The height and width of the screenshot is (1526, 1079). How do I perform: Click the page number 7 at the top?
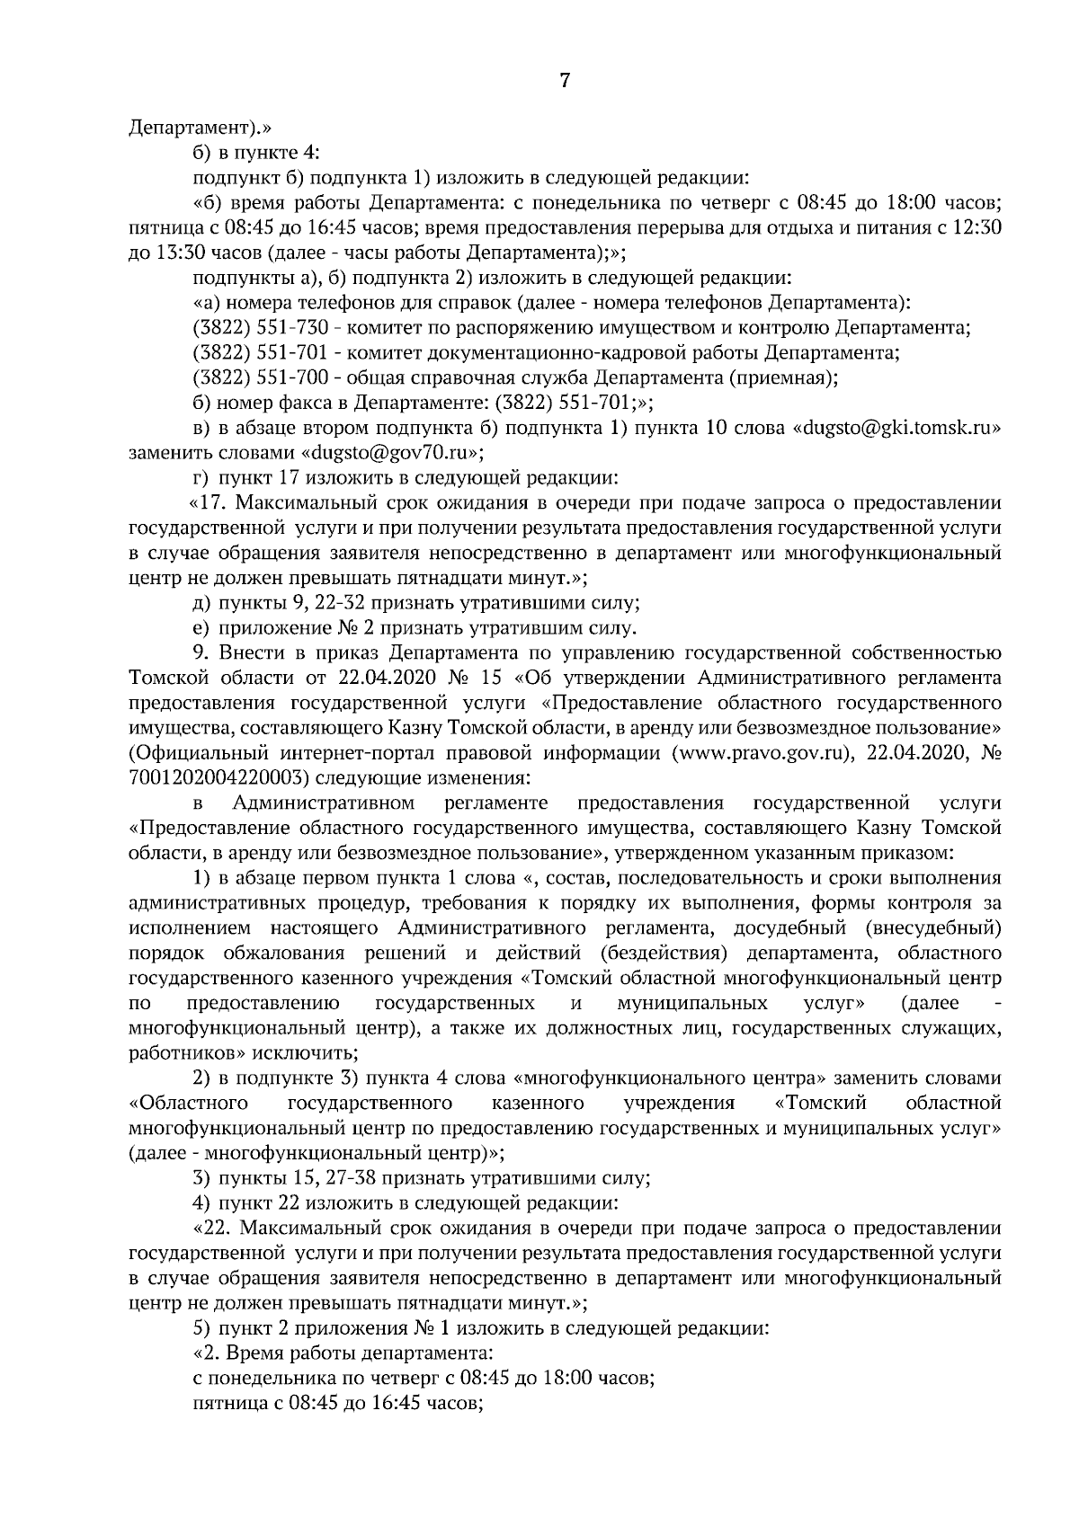point(564,81)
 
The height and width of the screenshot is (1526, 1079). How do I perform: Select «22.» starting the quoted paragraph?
point(213,1228)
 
